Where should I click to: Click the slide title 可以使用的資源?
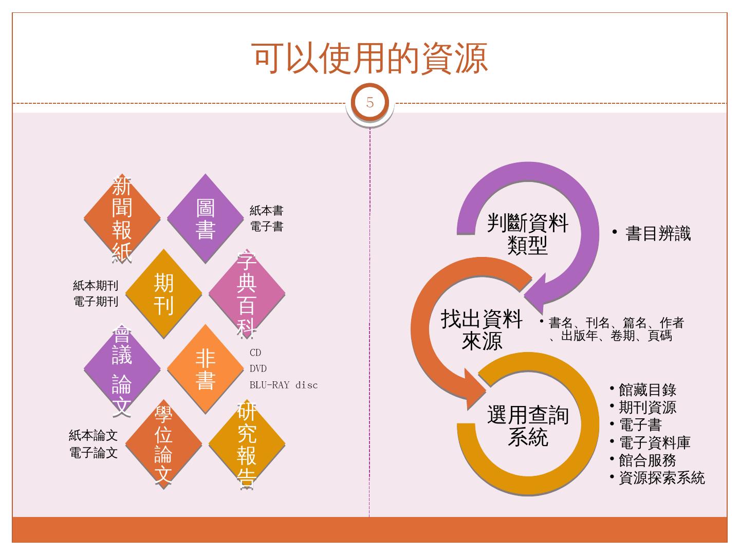[x=370, y=58]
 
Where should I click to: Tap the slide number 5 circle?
[x=370, y=102]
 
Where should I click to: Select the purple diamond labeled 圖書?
[x=206, y=219]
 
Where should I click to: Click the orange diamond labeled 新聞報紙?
[x=122, y=219]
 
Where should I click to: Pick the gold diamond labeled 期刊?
[x=164, y=294]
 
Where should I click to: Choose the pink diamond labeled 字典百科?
[x=247, y=294]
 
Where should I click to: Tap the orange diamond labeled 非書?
[x=206, y=369]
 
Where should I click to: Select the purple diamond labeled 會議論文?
[x=122, y=369]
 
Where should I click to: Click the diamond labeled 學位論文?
[x=164, y=444]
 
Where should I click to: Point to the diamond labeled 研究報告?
[x=247, y=444]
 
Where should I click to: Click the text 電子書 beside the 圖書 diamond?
[x=267, y=227]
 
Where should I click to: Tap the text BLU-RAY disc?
[x=284, y=385]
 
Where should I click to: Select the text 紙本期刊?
[x=96, y=286]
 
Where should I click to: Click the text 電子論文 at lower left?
[x=94, y=453]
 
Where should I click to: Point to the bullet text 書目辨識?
[x=658, y=234]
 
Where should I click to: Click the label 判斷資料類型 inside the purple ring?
[x=528, y=234]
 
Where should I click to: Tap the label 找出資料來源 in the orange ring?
[x=482, y=330]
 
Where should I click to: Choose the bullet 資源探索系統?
[x=661, y=478]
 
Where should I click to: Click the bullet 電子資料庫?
[x=654, y=442]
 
